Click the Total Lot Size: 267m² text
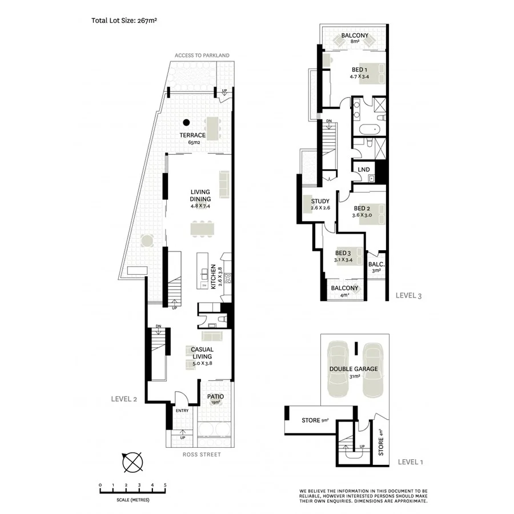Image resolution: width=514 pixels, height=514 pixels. [x=124, y=20]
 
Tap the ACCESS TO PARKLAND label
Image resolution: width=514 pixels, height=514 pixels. [x=202, y=55]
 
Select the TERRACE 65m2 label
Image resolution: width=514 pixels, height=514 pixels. [x=192, y=138]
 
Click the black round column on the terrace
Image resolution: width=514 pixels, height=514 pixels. [x=186, y=122]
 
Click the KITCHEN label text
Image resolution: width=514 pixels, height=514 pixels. [x=213, y=276]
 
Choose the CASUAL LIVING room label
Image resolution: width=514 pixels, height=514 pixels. [x=202, y=353]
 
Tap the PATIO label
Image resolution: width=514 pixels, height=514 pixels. [x=215, y=396]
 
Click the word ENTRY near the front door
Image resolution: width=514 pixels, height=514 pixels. [x=182, y=411]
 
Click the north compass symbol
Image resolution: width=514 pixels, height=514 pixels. [x=132, y=460]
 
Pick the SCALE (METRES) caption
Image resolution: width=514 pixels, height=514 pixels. [x=132, y=500]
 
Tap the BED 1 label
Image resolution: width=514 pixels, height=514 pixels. [x=359, y=70]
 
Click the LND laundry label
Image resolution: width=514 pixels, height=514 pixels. [x=363, y=170]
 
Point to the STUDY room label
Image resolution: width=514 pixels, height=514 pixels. [x=320, y=201]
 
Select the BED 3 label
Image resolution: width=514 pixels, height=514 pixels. [x=343, y=253]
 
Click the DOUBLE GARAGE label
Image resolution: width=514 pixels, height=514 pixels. [x=353, y=369]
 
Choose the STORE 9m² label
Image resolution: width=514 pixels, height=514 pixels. [x=315, y=421]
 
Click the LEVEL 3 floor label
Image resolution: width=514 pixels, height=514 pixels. [x=408, y=295]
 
